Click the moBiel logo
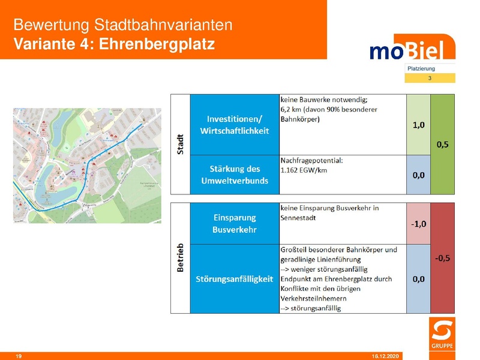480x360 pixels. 412,48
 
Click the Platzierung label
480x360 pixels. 421,68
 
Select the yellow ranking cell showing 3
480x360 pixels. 430,78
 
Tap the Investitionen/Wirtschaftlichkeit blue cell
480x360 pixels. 235,124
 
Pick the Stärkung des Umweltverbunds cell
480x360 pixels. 235,175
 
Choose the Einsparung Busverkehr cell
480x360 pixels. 235,223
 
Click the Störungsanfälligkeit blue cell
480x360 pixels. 235,279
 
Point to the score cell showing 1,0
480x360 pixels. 418,125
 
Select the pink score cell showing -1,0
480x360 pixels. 418,224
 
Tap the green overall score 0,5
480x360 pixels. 443,145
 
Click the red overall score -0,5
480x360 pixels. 443,259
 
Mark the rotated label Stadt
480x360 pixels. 180,145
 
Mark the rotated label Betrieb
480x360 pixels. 180,259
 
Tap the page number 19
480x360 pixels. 19,356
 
